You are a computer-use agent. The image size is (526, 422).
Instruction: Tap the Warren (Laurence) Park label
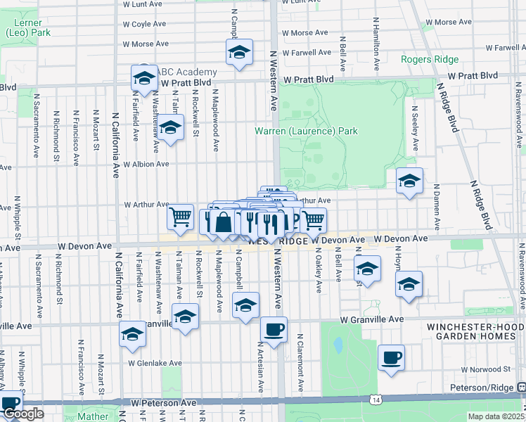click(x=306, y=131)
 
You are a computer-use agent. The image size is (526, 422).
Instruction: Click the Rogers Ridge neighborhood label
click(x=429, y=59)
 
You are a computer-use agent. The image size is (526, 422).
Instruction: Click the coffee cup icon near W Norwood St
click(x=391, y=357)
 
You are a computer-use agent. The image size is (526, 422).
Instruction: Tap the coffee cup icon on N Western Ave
click(x=274, y=328)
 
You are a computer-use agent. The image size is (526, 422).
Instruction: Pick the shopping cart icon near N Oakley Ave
click(x=313, y=219)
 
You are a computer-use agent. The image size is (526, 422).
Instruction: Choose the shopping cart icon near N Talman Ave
click(x=181, y=217)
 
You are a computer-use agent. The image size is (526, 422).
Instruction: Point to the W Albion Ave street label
click(x=146, y=164)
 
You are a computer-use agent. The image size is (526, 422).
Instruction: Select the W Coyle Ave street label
click(x=144, y=23)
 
